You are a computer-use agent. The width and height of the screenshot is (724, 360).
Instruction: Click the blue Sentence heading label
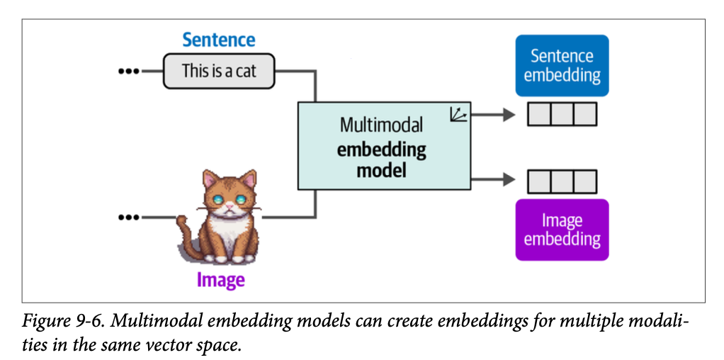pos(219,40)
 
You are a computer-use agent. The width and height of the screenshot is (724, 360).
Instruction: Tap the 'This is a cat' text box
pos(219,71)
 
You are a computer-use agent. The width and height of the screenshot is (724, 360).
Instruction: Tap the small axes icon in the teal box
pos(458,113)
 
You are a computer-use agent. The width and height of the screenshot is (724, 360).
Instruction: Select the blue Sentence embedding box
pos(562,65)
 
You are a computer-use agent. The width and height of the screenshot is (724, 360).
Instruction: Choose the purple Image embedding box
pos(562,230)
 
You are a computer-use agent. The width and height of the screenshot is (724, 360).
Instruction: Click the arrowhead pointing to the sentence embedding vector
pos(508,114)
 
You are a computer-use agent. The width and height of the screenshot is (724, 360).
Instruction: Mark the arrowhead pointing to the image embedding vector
pos(508,181)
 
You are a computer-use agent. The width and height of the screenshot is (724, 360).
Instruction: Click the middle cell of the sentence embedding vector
pos(562,114)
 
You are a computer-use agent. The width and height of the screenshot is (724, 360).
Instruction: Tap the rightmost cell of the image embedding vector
pos(585,181)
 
